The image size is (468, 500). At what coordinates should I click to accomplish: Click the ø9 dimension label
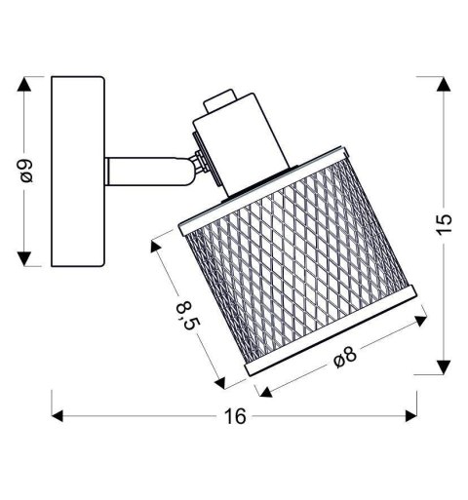click(28, 172)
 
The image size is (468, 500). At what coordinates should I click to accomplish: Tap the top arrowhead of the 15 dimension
click(445, 84)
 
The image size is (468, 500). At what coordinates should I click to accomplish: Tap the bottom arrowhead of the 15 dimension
click(445, 368)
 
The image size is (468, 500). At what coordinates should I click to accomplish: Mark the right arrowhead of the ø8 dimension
click(425, 316)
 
